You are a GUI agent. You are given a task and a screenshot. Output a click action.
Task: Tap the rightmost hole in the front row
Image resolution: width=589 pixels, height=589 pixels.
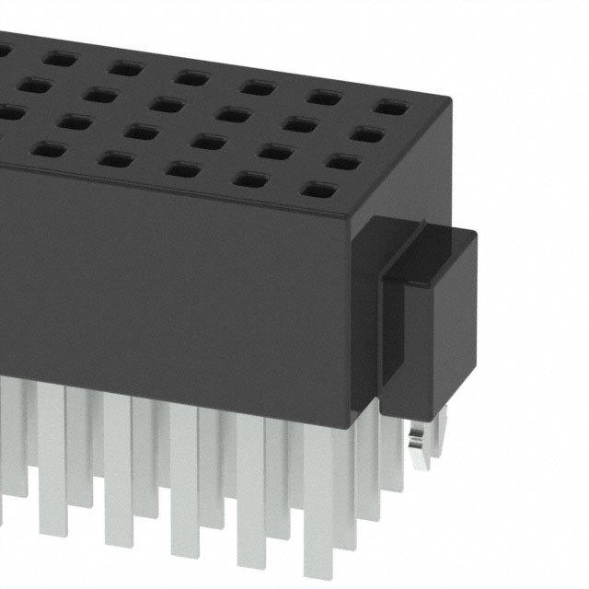[x=318, y=192]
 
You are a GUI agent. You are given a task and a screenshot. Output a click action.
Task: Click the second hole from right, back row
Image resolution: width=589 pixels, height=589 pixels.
[x=323, y=97]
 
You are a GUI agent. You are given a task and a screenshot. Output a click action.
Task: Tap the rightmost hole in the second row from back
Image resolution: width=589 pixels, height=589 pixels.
[x=367, y=135]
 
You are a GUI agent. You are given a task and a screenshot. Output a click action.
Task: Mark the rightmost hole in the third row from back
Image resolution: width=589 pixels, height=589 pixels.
[x=343, y=164]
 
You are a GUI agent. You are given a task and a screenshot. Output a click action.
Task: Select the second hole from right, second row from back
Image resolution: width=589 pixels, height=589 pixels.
[x=299, y=124]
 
